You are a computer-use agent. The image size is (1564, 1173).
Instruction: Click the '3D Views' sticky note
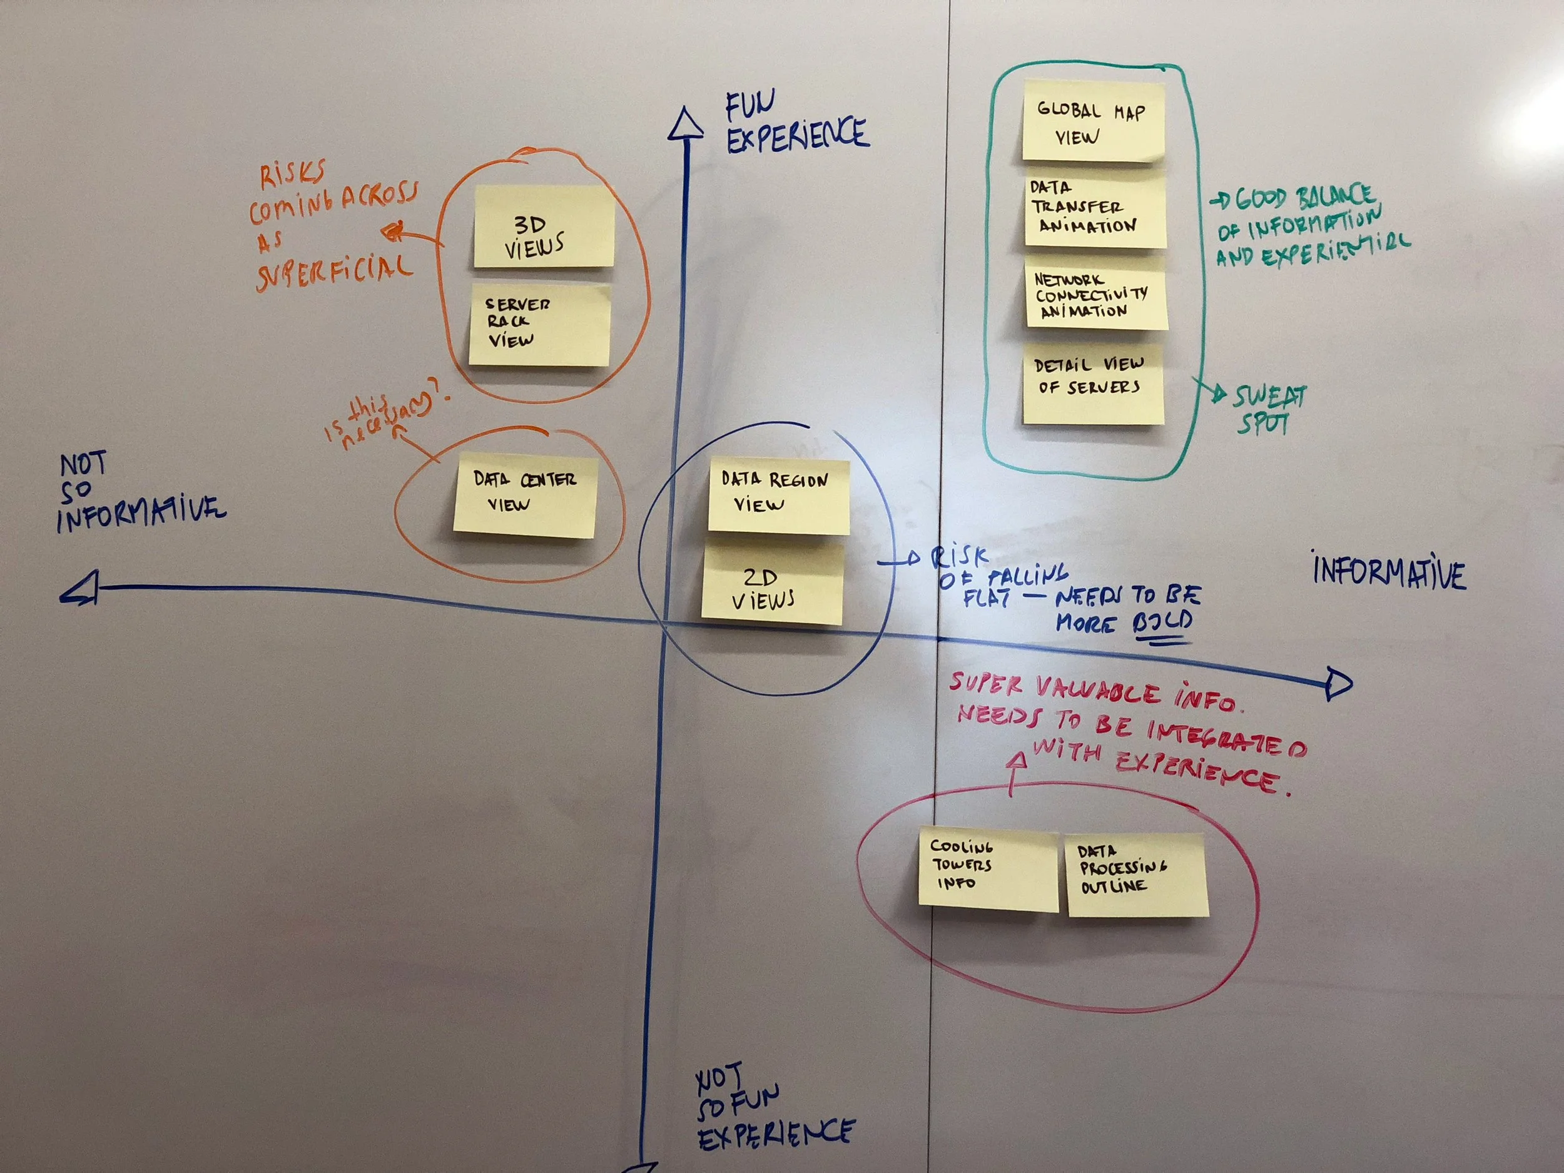point(543,227)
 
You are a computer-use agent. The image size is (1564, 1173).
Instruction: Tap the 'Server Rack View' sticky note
point(539,325)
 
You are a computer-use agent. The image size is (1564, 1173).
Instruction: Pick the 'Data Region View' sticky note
point(778,495)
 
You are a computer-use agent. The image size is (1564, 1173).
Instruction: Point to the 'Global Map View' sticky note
point(1092,121)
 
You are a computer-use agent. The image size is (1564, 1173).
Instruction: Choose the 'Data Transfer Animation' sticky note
point(1095,210)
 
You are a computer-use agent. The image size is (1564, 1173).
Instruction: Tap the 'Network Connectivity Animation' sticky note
point(1095,294)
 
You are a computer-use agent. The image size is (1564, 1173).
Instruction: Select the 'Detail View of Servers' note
point(1093,384)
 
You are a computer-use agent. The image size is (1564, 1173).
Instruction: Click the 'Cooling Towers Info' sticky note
point(988,870)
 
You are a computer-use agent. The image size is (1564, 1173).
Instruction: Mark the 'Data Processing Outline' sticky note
point(1136,874)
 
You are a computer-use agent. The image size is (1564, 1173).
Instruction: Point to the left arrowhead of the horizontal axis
point(80,589)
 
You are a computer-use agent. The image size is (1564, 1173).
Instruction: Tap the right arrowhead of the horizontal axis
point(1338,684)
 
